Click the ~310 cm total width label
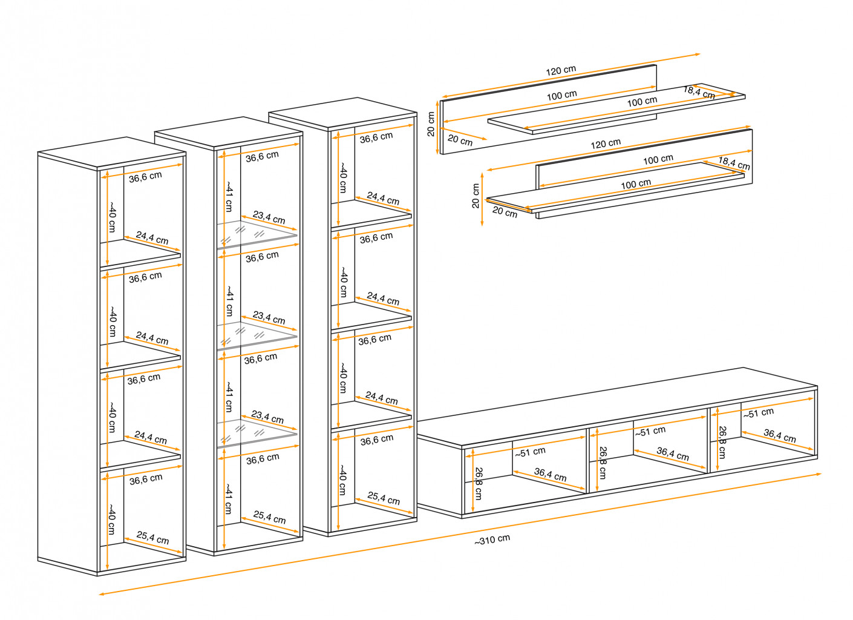click(492, 540)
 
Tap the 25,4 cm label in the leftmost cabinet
click(152, 538)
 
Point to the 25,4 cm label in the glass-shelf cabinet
click(269, 518)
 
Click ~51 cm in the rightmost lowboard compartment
click(759, 414)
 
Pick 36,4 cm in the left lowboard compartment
click(550, 475)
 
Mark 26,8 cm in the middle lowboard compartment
click(602, 463)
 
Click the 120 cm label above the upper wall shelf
click(561, 70)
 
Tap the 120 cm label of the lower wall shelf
click(606, 144)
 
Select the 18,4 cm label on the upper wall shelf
click(699, 92)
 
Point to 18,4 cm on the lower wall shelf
click(734, 163)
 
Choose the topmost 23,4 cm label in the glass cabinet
click(269, 217)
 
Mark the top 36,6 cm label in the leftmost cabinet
click(145, 177)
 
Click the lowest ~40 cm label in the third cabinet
click(342, 480)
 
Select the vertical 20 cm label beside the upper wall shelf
click(431, 124)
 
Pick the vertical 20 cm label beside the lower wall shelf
click(476, 196)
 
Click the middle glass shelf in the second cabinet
click(257, 335)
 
